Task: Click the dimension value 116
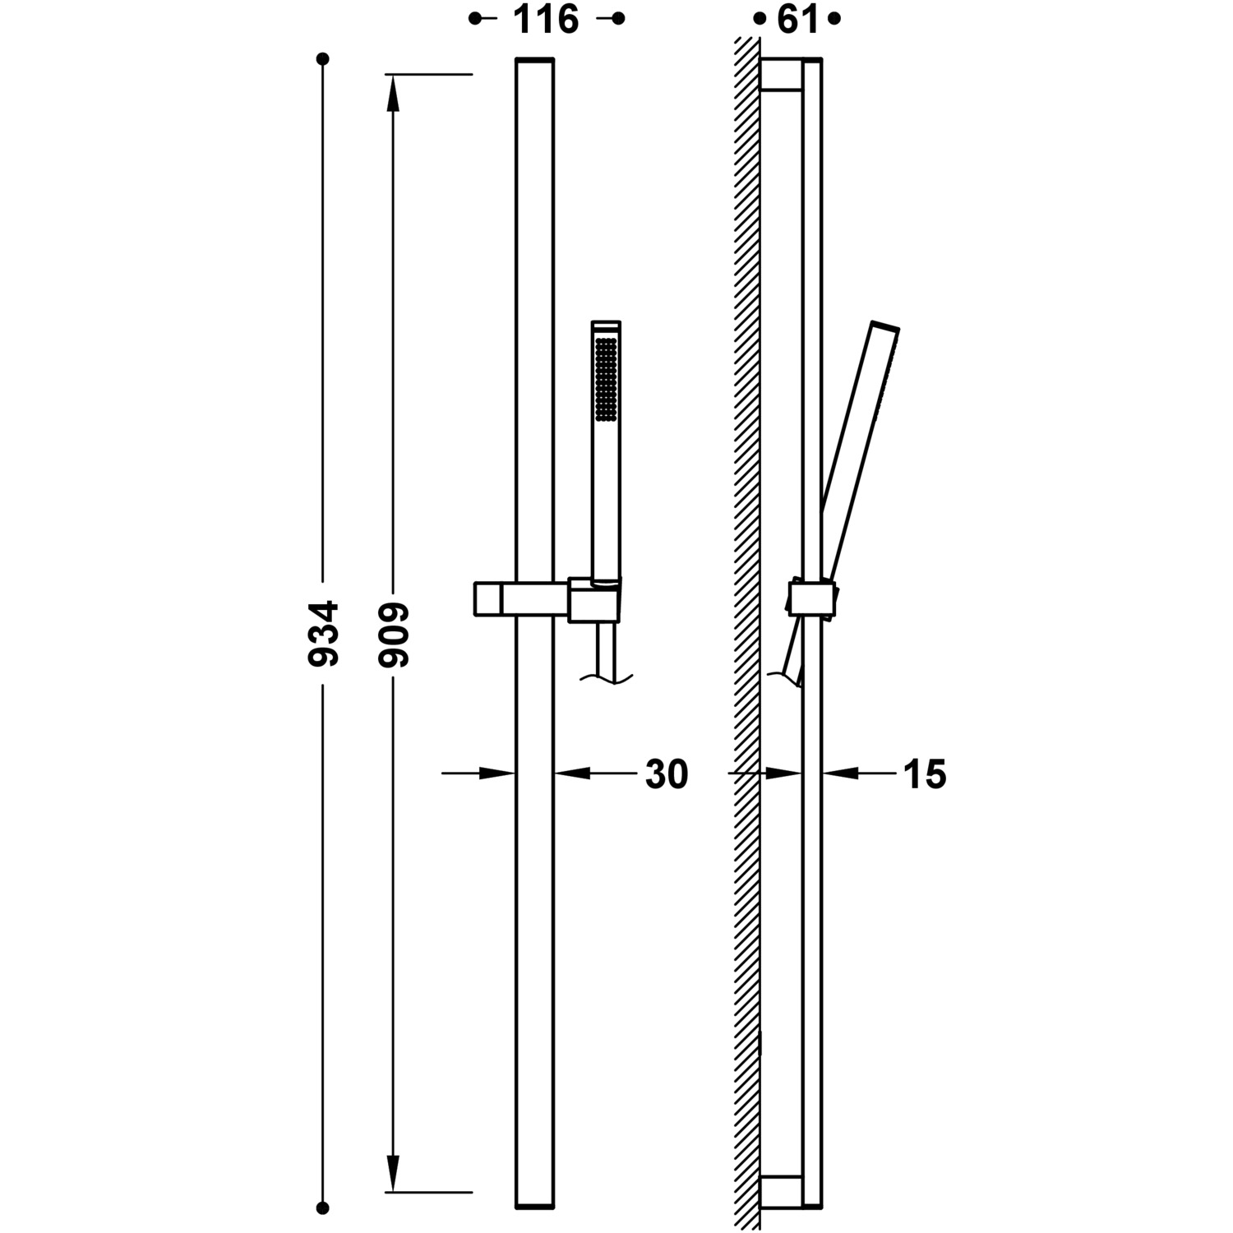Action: tap(546, 19)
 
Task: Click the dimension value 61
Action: tap(798, 19)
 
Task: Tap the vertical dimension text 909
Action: tap(394, 633)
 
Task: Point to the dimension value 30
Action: tap(667, 774)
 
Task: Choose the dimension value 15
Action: tap(926, 774)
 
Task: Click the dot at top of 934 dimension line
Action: tap(323, 59)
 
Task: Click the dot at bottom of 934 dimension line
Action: tap(323, 1208)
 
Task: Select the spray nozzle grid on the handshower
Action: tap(606, 380)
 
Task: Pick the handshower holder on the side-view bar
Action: tap(812, 598)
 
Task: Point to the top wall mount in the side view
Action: tap(781, 75)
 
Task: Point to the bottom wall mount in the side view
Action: tap(781, 1192)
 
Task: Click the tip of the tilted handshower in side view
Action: tap(886, 326)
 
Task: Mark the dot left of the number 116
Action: tap(474, 19)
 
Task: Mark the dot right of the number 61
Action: tap(835, 19)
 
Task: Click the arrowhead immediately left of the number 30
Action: tap(572, 773)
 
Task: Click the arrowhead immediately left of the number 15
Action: tap(840, 773)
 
